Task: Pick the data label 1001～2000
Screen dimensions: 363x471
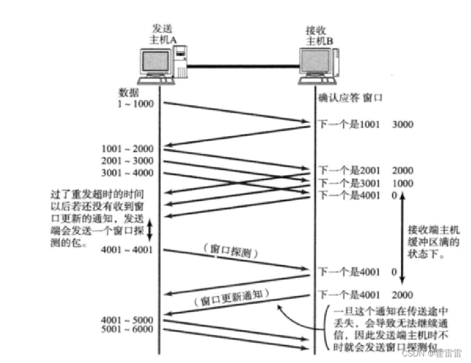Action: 128,149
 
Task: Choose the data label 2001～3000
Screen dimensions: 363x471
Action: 128,161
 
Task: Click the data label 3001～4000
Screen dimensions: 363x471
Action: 128,173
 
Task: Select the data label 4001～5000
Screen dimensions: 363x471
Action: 128,319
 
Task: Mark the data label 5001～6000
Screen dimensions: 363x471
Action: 128,329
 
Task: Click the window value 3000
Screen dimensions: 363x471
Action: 403,125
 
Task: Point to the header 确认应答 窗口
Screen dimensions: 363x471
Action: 350,97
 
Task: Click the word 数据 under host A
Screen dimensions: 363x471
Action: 129,92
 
